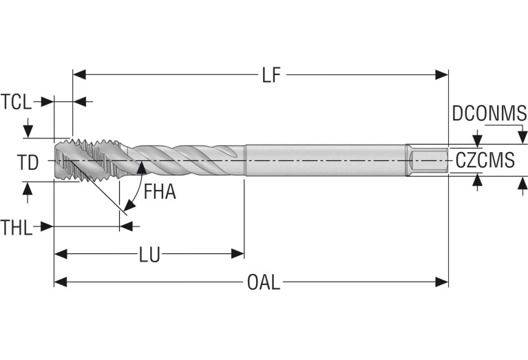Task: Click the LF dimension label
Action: [273, 75]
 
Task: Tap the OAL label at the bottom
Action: [263, 282]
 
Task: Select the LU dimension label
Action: [149, 255]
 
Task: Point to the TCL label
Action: [16, 102]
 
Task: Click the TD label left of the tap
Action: [28, 162]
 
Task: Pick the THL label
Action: [16, 226]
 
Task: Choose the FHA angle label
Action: [160, 192]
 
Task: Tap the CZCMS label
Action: [485, 161]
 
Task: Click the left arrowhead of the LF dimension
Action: [78, 74]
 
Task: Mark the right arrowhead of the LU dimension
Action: [238, 254]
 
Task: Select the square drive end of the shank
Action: [427, 161]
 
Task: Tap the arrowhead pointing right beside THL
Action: [48, 226]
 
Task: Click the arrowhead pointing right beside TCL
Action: [47, 102]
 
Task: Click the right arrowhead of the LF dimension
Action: [443, 74]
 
